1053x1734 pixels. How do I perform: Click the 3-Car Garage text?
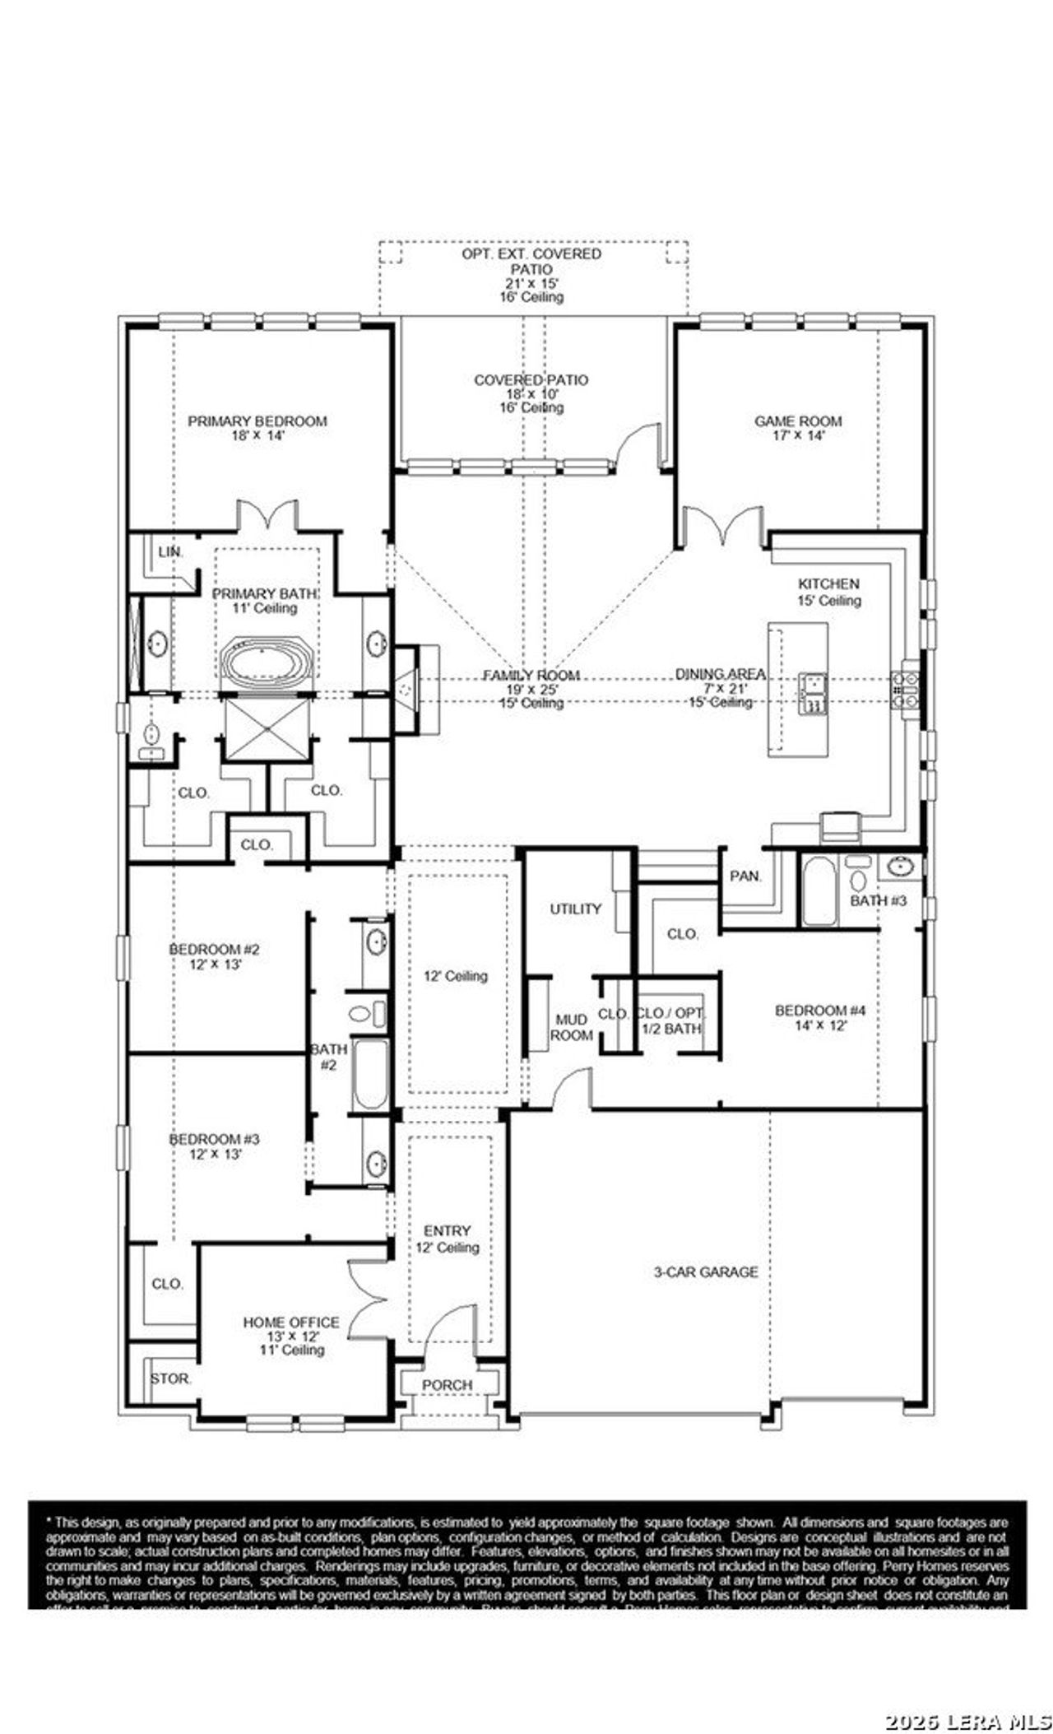[x=706, y=1271]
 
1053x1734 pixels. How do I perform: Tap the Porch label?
[x=447, y=1385]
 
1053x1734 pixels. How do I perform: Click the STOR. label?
[x=170, y=1378]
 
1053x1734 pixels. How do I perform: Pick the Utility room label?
[x=575, y=909]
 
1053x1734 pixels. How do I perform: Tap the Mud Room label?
[x=570, y=1027]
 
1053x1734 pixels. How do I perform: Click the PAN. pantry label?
[x=745, y=876]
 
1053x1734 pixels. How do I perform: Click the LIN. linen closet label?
[x=169, y=552]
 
